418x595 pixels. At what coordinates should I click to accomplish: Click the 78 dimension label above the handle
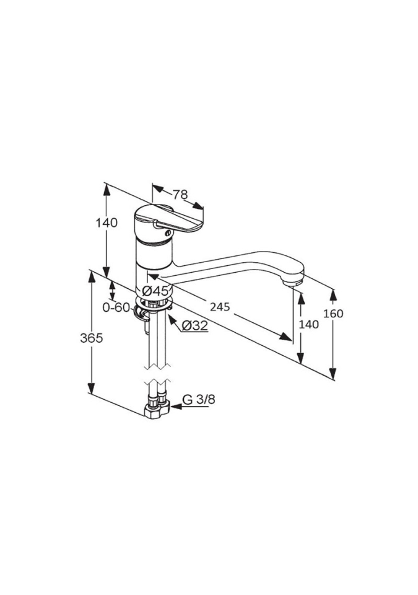[x=181, y=195]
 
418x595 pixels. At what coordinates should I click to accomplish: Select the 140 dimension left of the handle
[x=107, y=223]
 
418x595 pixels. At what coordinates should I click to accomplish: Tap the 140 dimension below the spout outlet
[x=308, y=324]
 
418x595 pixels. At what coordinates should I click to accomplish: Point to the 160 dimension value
[x=333, y=314]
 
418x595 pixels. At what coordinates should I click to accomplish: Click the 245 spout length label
[x=220, y=306]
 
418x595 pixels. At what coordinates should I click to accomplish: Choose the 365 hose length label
[x=92, y=338]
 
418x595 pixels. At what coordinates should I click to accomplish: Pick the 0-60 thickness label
[x=116, y=307]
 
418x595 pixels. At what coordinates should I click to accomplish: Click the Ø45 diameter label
[x=155, y=291]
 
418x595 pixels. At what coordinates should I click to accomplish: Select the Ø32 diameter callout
[x=195, y=325]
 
